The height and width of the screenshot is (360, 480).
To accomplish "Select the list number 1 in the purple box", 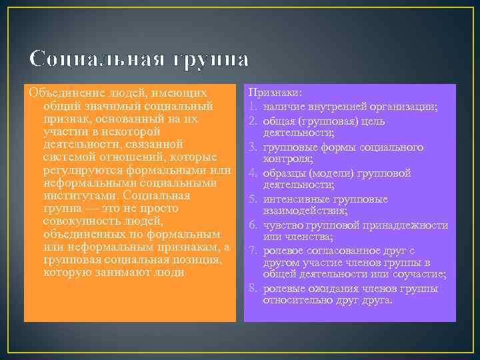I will pos(253,105).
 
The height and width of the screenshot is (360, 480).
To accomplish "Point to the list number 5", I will pos(253,199).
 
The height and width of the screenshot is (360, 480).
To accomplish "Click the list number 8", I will pos(253,288).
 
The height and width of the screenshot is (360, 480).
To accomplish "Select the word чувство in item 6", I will pos(283,225).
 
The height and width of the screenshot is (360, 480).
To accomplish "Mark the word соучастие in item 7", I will pos(421,275).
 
